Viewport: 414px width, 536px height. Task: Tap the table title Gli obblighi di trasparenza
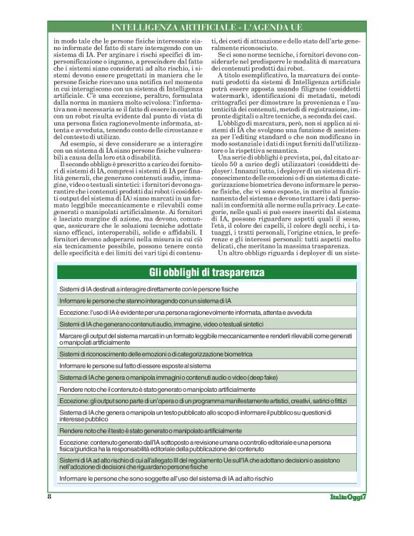207,273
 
